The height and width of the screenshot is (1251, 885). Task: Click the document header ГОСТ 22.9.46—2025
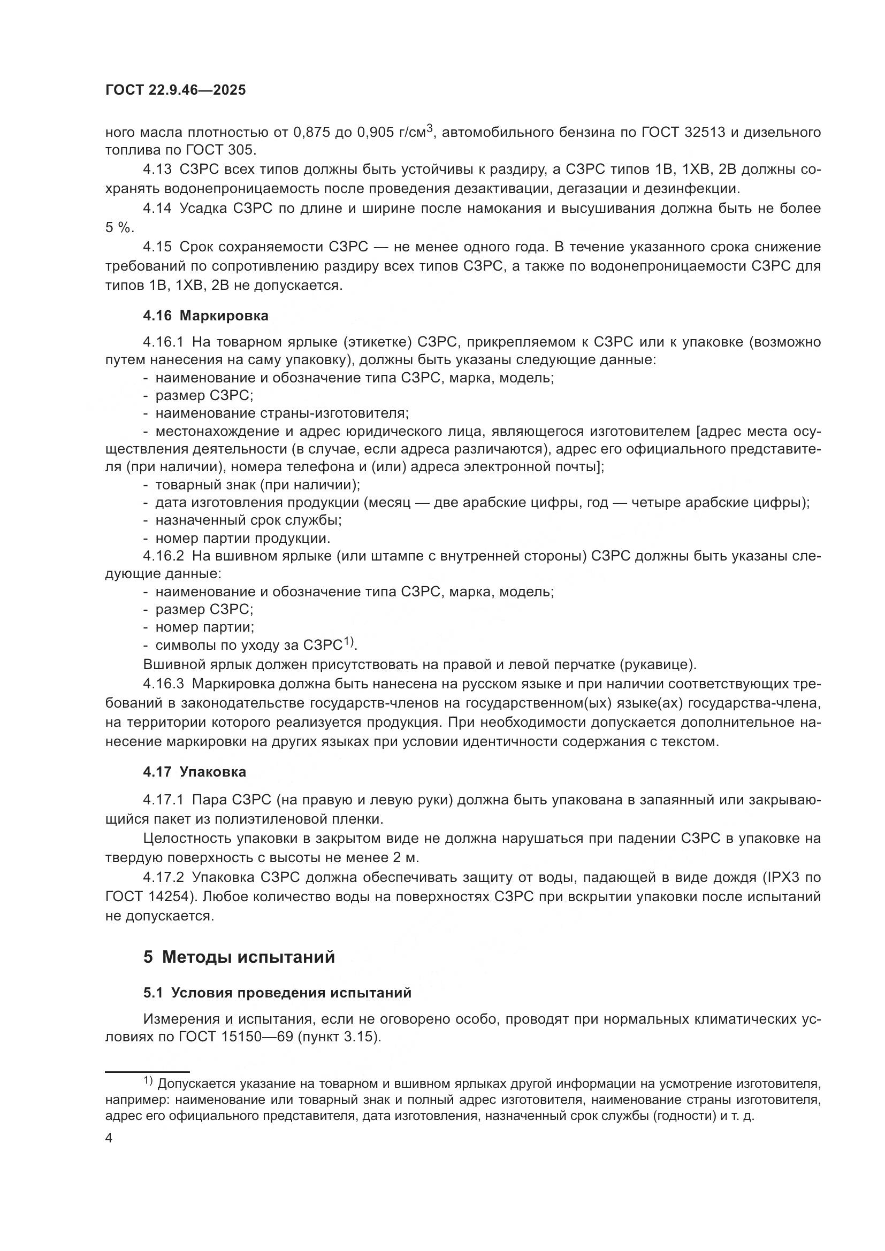176,90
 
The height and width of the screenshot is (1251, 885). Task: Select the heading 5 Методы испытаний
239,957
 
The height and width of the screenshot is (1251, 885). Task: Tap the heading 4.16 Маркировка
205,316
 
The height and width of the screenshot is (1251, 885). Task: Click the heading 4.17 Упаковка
194,772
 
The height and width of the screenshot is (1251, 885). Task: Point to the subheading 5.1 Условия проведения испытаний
277,993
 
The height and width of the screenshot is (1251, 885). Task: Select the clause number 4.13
157,170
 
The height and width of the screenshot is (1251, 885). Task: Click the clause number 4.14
157,208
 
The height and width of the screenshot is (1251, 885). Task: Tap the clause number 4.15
157,247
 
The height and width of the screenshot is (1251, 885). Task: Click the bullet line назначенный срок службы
248,520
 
